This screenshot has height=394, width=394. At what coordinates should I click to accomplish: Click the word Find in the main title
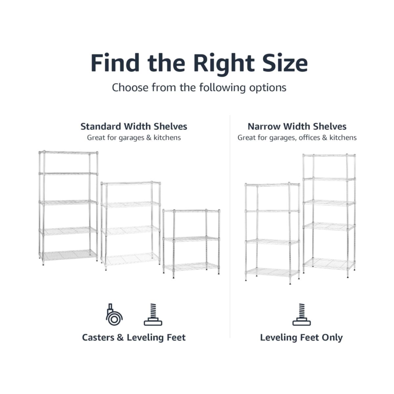click(x=115, y=62)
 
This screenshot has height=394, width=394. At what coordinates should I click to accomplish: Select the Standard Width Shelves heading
click(x=134, y=126)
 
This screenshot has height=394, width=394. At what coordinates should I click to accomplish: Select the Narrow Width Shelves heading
click(x=297, y=126)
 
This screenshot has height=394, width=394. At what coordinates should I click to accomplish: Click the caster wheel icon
click(x=114, y=315)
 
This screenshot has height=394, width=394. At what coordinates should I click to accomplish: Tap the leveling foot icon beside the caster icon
click(x=153, y=315)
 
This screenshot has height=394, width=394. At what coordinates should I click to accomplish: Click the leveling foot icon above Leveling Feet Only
click(x=302, y=315)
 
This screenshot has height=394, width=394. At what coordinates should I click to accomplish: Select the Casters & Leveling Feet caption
click(x=134, y=338)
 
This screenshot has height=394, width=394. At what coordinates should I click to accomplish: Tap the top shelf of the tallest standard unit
click(x=68, y=152)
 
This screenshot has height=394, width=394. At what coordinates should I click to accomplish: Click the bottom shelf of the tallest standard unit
click(x=68, y=255)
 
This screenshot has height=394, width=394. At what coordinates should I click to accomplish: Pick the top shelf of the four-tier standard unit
click(x=130, y=183)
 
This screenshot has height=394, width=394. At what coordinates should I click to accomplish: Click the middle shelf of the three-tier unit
click(x=191, y=239)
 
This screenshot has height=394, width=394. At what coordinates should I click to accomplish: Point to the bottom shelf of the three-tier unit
click(x=191, y=266)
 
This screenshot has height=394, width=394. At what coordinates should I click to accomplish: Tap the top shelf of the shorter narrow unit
click(x=272, y=185)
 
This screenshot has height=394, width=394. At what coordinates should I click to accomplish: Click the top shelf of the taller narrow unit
click(x=329, y=155)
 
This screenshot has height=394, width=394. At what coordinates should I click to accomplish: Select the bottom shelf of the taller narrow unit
click(x=329, y=264)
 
